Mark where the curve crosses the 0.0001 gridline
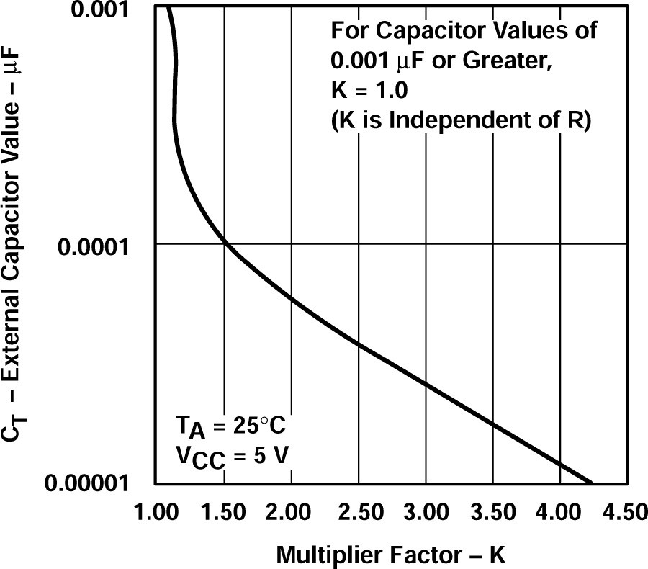[x=225, y=244]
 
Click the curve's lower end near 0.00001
[x=589, y=481]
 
